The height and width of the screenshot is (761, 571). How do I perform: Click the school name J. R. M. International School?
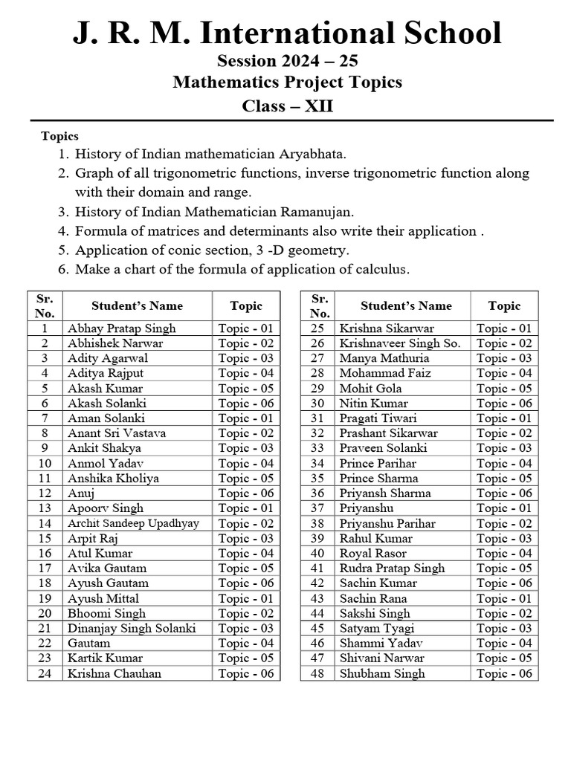(x=287, y=34)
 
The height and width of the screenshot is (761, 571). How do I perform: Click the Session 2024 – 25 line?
(x=287, y=60)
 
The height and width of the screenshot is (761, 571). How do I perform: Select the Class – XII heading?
(x=287, y=106)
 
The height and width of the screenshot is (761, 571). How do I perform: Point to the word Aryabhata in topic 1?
(x=312, y=154)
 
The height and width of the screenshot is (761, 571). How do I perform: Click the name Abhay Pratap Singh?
(x=122, y=328)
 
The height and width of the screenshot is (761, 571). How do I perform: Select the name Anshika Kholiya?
(x=113, y=478)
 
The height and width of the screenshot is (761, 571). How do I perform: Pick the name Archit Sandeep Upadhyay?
(x=133, y=523)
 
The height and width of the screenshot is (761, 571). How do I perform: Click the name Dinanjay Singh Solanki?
(x=132, y=628)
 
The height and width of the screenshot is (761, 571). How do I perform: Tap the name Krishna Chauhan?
(x=114, y=673)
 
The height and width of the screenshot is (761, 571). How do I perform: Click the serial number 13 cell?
(x=45, y=508)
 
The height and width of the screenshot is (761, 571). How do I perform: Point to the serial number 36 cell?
(x=317, y=493)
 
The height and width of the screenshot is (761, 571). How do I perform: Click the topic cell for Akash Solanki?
(x=246, y=403)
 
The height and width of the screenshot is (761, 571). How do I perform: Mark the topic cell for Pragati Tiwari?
(x=504, y=418)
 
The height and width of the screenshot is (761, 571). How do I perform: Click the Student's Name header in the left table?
(x=137, y=305)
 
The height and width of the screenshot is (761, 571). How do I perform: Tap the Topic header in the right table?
(x=504, y=305)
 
